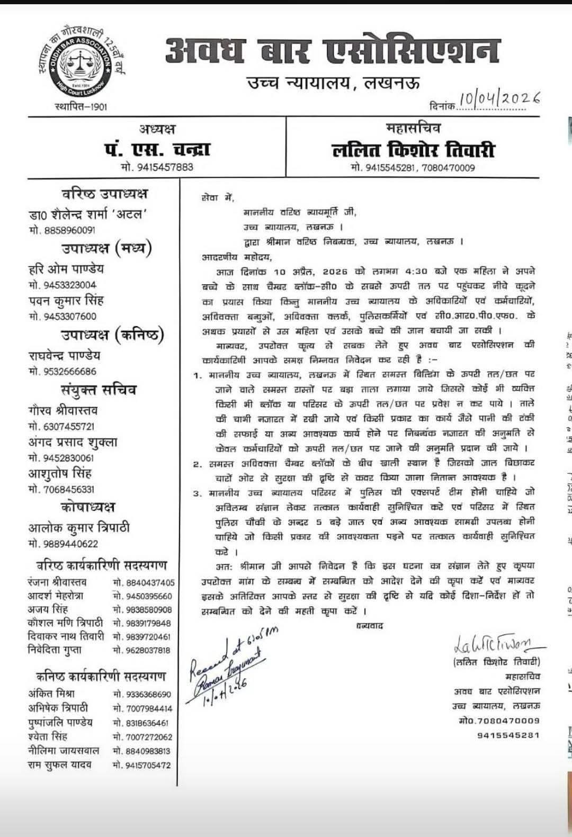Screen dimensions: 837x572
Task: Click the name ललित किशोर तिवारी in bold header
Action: (413, 150)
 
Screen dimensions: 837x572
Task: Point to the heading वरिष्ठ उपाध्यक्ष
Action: (104, 194)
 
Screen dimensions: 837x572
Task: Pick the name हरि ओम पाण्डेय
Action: (66, 269)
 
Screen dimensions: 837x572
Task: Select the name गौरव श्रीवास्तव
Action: (63, 410)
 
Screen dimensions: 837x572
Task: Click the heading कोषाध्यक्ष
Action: (87, 507)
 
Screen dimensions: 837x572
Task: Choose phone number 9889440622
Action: (62, 544)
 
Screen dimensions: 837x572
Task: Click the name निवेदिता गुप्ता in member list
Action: (55, 650)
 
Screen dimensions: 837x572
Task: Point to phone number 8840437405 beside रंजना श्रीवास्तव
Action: (143, 582)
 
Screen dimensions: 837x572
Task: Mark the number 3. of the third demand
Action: (198, 494)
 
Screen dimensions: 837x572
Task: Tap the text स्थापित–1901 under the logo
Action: (81, 107)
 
